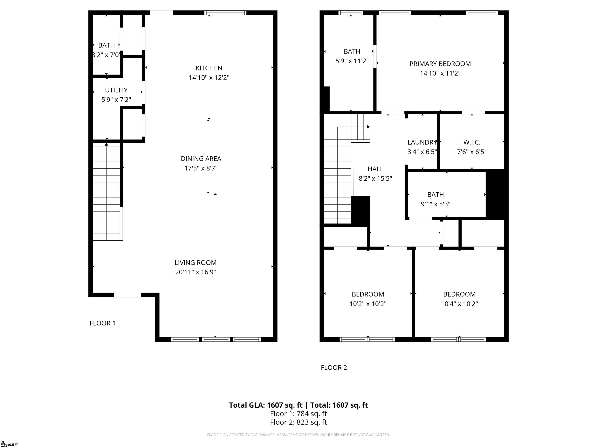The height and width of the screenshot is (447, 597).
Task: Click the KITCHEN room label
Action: click(x=209, y=68)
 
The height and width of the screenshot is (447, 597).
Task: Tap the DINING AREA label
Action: click(x=201, y=159)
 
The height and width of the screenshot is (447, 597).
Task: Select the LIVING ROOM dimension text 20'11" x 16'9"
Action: click(x=195, y=272)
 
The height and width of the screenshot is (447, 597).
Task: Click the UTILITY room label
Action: click(x=116, y=90)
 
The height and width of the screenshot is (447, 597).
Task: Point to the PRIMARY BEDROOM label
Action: click(x=440, y=64)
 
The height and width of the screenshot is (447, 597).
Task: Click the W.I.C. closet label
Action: click(x=472, y=142)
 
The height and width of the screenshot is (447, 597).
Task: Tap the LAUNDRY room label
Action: click(x=422, y=142)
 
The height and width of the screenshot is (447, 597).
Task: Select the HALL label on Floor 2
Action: click(x=375, y=169)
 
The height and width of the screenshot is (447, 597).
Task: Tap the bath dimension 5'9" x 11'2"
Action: click(x=352, y=61)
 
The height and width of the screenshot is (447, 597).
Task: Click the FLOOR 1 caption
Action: click(x=103, y=323)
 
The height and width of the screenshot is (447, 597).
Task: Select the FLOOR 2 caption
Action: click(x=334, y=367)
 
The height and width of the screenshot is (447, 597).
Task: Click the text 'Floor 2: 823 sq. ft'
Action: click(x=298, y=422)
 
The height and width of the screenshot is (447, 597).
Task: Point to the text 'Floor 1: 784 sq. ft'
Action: click(x=298, y=414)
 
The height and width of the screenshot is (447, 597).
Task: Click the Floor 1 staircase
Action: click(x=107, y=191)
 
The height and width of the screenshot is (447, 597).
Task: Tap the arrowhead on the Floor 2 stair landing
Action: click(x=368, y=127)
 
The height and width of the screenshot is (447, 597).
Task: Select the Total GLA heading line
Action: click(x=298, y=405)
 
